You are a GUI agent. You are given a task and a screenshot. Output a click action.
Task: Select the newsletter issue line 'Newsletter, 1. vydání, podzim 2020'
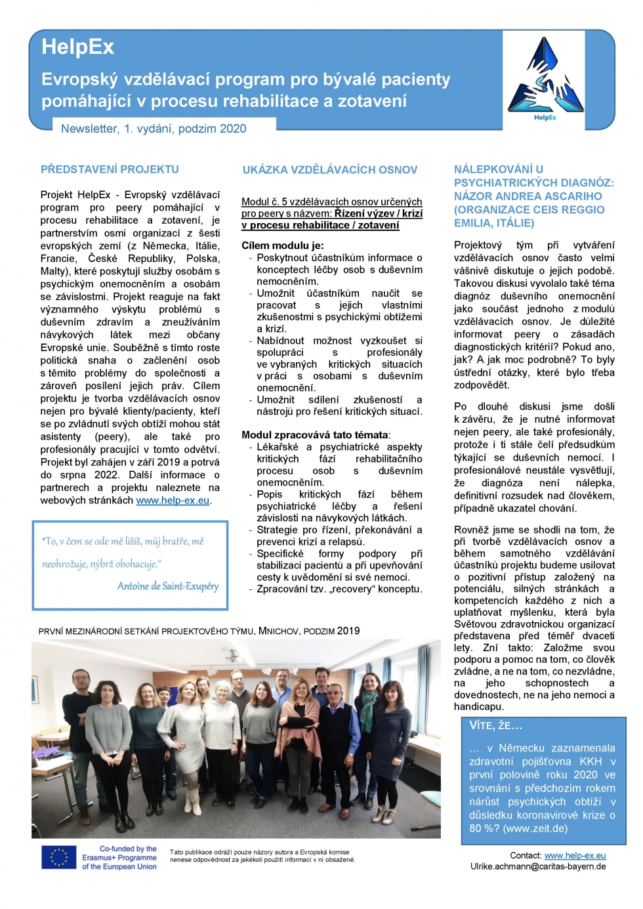click(x=154, y=129)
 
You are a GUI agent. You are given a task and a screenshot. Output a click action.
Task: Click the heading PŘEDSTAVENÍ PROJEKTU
click(x=110, y=169)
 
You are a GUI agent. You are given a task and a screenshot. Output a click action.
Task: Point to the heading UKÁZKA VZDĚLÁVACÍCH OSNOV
click(x=329, y=170)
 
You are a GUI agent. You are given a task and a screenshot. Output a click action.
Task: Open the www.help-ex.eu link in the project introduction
click(x=173, y=500)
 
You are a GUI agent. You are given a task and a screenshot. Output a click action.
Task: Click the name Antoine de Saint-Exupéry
click(x=167, y=586)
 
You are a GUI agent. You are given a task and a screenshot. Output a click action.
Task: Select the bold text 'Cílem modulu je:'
click(x=282, y=245)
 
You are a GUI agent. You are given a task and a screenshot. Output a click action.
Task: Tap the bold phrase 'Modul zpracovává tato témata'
click(x=314, y=434)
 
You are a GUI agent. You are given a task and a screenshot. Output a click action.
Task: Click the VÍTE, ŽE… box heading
click(x=495, y=726)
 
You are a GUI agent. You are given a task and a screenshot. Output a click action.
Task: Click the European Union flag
click(x=59, y=857)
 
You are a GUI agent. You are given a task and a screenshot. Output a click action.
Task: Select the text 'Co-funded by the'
click(x=128, y=849)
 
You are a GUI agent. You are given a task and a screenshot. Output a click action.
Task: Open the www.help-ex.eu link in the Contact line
click(x=575, y=855)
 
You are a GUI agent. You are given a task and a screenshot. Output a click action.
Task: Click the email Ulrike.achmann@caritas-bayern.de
click(x=537, y=866)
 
